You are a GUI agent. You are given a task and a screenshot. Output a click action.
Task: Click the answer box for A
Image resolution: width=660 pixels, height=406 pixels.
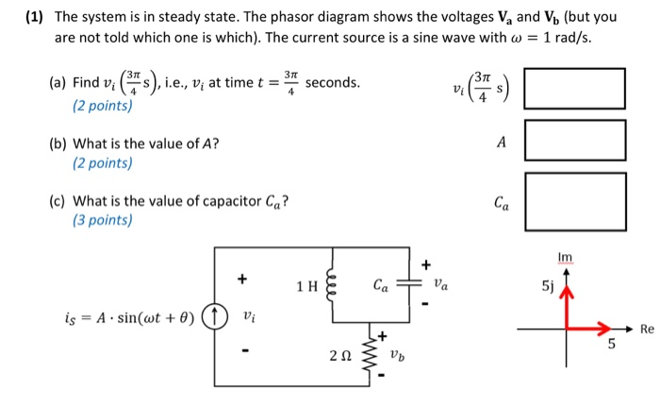pos(574,140)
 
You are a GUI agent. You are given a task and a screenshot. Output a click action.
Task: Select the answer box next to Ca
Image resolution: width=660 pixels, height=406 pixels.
pos(574,196)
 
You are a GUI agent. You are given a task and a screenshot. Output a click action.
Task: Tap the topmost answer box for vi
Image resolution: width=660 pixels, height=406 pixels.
pos(574,88)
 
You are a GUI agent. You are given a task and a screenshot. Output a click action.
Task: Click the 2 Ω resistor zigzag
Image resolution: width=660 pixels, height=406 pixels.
pos(361,356)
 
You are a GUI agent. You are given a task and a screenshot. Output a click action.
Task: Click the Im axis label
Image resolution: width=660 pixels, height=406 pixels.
pos(566,255)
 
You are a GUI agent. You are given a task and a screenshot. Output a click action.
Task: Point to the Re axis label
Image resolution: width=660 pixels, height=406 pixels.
pos(646,330)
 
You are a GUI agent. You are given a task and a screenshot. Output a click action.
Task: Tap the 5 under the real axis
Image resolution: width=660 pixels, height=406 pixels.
pos(610,347)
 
